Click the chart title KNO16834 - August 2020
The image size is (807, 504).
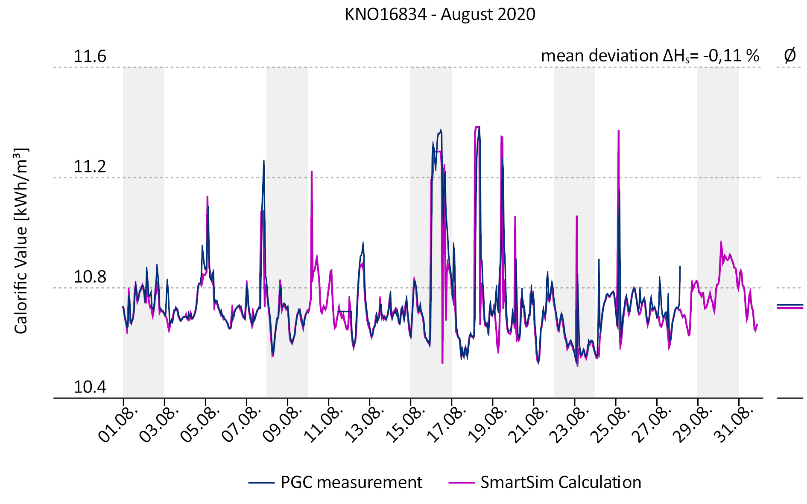click(440, 15)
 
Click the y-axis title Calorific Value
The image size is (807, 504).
click(20, 241)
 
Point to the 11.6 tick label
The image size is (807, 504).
click(90, 56)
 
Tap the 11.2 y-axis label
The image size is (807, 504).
click(90, 166)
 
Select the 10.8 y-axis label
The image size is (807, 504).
click(90, 277)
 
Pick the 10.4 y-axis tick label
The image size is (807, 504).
click(90, 387)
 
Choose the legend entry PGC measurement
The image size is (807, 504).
click(351, 483)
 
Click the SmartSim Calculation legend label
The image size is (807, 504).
click(561, 483)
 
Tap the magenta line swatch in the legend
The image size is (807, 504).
click(461, 483)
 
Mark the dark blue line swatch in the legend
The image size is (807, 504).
click(261, 483)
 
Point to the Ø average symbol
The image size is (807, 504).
click(790, 55)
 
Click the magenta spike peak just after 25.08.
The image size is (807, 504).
click(619, 131)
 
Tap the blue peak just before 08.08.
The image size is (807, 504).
click(264, 161)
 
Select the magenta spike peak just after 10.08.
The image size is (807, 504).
click(312, 172)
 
